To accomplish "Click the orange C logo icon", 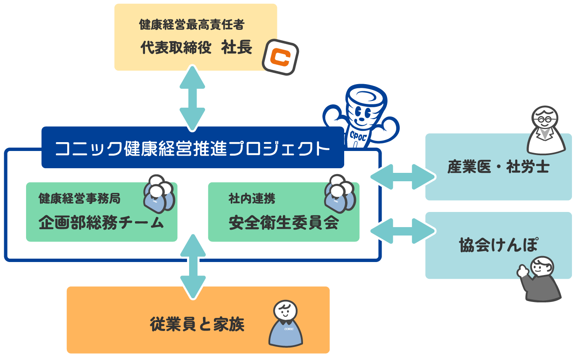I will click(280, 58).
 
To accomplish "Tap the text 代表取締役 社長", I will click(196, 48).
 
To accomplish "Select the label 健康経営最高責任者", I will click(191, 25).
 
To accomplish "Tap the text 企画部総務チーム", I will click(101, 223).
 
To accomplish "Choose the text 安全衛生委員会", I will click(284, 223).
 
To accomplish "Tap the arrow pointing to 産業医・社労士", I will click(403, 177).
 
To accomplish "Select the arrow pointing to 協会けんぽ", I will click(403, 231).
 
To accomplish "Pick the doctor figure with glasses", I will click(546, 130).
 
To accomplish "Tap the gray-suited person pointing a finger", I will click(540, 279).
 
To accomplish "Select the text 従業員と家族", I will click(197, 325).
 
